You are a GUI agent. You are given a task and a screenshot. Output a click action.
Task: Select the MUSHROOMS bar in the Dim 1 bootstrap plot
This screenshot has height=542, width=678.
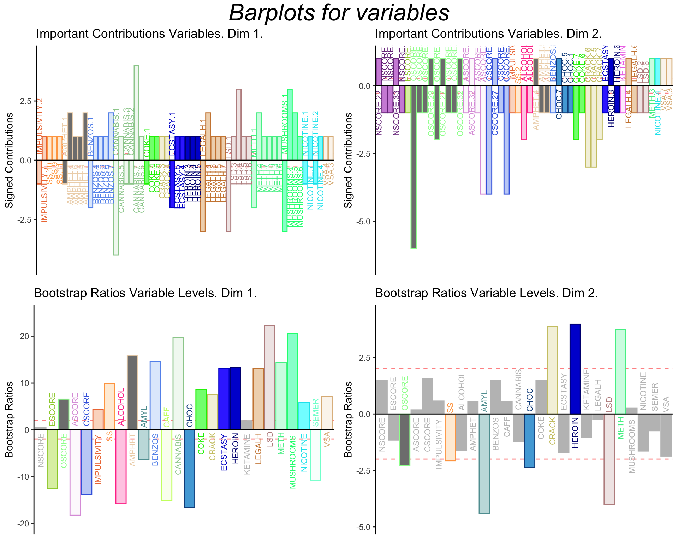[x=292, y=381]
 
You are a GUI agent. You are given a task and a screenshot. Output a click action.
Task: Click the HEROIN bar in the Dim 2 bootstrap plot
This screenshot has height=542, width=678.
[x=575, y=368]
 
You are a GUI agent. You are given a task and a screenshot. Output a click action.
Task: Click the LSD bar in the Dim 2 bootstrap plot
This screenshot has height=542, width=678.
[x=609, y=459]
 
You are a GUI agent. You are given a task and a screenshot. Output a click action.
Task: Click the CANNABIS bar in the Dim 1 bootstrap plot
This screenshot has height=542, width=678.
[x=178, y=383]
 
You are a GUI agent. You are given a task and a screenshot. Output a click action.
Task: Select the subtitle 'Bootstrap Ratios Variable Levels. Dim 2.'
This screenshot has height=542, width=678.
[x=486, y=294]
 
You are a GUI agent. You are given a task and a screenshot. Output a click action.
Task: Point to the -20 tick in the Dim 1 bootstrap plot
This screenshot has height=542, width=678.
[x=24, y=524]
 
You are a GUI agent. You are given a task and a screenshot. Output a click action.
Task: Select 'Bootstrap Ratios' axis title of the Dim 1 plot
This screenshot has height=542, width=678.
[x=9, y=419]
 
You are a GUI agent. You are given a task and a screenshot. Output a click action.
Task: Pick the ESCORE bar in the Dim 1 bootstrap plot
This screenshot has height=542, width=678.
[x=52, y=459]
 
